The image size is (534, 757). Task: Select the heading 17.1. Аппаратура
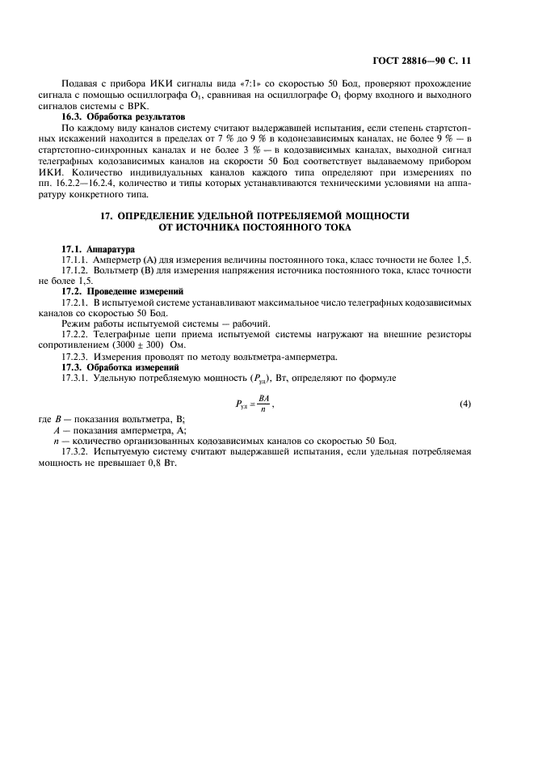[99, 248]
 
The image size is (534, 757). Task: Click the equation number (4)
[465, 404]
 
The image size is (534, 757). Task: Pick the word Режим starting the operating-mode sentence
[78, 323]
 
